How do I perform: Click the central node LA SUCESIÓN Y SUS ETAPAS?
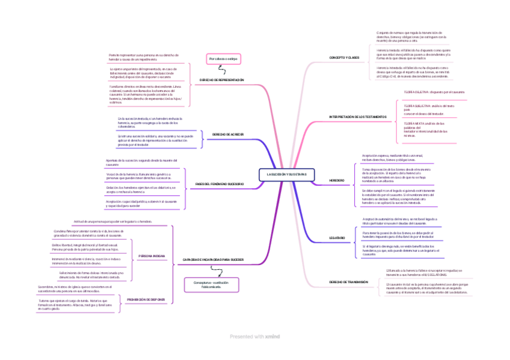286,174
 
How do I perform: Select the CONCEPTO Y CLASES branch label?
344,58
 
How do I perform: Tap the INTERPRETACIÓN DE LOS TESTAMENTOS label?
358,116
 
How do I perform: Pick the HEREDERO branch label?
337,180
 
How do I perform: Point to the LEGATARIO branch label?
337,239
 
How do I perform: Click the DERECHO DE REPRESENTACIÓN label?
222,80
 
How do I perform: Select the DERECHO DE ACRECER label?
227,134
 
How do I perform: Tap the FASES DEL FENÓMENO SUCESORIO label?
220,183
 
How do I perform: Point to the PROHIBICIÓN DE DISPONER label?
146,298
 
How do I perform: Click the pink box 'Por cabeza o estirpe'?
224,59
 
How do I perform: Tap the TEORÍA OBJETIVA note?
434,92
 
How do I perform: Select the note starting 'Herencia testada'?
413,54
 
